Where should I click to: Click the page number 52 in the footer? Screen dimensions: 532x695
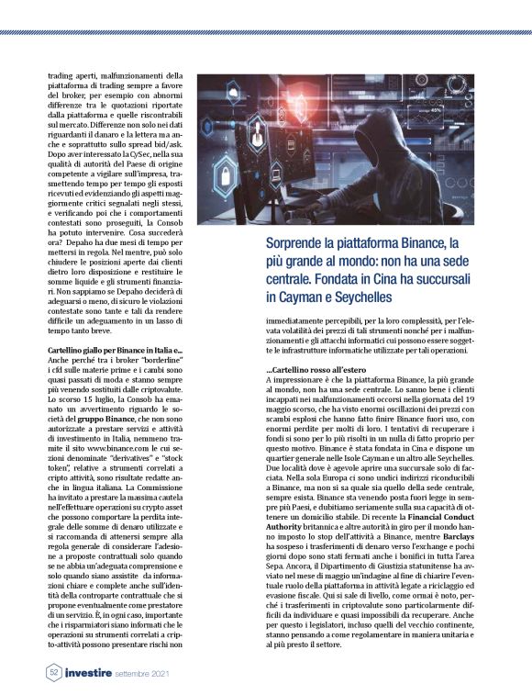[x=53, y=672]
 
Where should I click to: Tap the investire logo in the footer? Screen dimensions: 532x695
[x=89, y=672]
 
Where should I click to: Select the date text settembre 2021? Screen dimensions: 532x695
[x=146, y=673]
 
